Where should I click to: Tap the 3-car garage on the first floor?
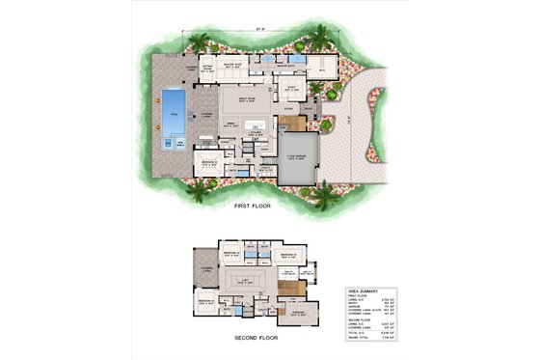(x=300, y=166)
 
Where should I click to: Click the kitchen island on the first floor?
(x=255, y=124)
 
